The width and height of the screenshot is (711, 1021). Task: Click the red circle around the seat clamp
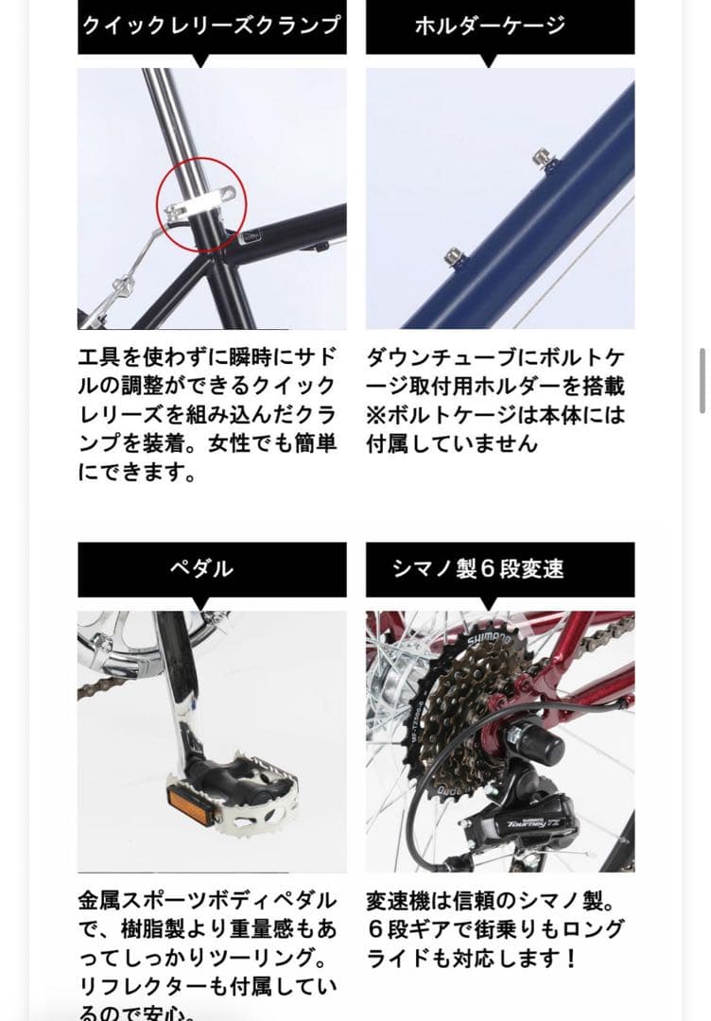200,205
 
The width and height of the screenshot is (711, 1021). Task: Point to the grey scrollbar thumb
702,380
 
